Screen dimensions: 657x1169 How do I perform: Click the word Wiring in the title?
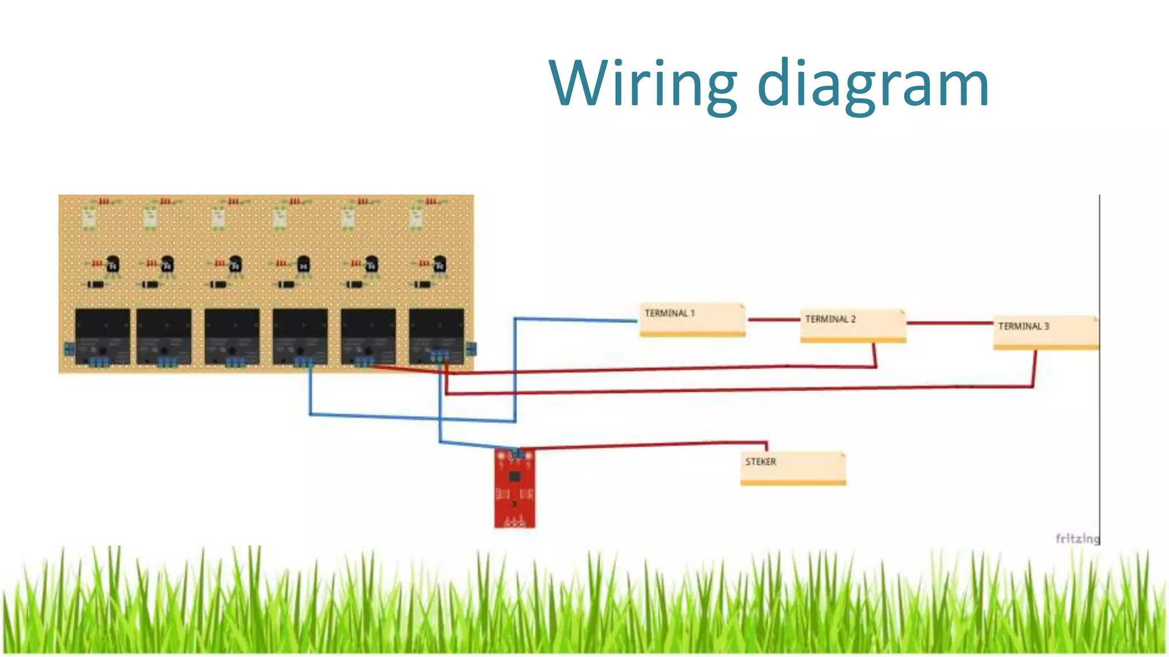(643, 84)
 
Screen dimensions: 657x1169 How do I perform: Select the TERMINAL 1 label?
(670, 313)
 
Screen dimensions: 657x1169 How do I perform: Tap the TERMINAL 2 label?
(830, 319)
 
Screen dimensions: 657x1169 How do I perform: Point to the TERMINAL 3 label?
(1023, 326)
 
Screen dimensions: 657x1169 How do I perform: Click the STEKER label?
(760, 462)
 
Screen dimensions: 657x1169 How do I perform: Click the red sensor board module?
(514, 488)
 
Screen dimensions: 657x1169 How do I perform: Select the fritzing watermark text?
(1077, 538)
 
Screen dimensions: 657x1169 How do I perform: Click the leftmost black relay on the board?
(103, 335)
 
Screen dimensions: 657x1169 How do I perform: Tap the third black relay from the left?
(232, 335)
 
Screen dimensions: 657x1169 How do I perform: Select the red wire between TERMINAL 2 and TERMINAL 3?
(949, 323)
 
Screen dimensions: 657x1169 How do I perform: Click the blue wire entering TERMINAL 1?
(577, 319)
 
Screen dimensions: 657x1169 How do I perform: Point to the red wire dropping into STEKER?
(767, 445)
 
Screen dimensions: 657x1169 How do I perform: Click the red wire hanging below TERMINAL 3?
(1034, 368)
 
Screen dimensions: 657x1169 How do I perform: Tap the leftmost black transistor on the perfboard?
(112, 264)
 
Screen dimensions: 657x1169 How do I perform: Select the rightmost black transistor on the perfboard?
(439, 263)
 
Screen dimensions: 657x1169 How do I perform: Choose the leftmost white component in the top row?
(89, 217)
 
